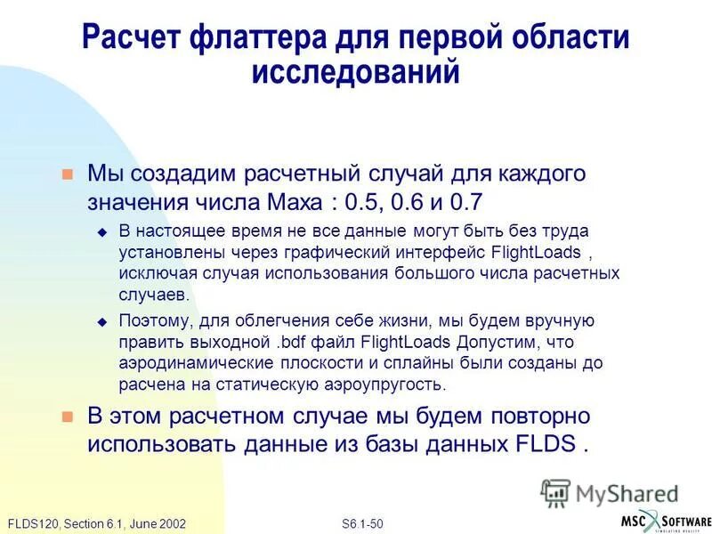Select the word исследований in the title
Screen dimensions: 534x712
[x=355, y=72]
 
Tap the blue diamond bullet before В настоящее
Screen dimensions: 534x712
[x=101, y=232]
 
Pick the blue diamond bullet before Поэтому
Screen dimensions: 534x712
[x=101, y=321]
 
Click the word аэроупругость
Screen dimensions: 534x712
[x=375, y=384]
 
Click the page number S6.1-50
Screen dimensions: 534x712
[x=362, y=522]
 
